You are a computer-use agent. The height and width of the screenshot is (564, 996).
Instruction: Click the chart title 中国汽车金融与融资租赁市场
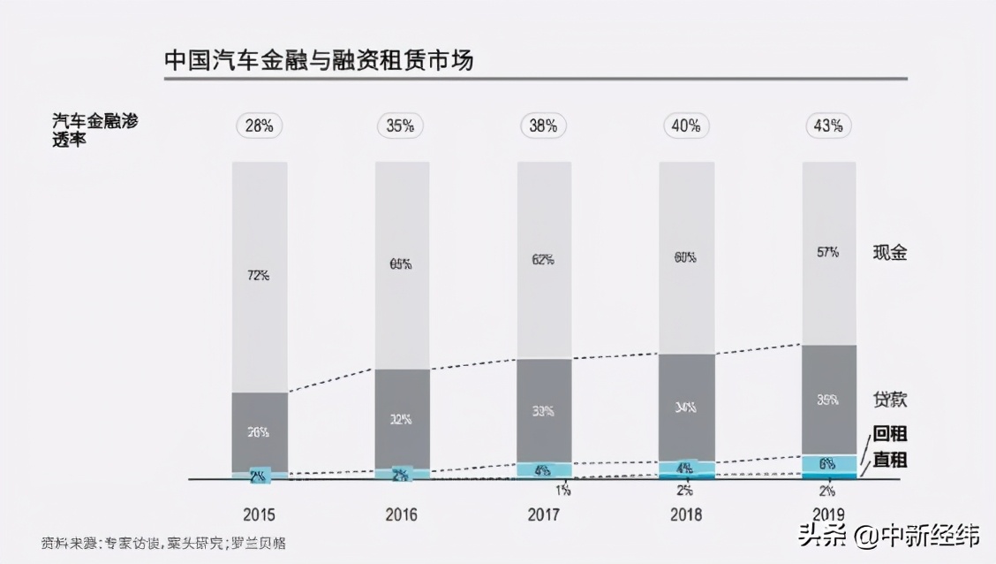[x=319, y=60]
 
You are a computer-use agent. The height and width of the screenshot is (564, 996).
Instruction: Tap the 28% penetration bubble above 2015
[x=259, y=126]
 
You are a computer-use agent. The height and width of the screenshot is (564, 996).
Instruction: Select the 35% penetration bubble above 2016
[x=401, y=126]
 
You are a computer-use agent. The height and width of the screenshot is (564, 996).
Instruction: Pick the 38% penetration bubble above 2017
[x=543, y=126]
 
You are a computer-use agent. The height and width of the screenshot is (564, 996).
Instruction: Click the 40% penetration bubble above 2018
[x=686, y=126]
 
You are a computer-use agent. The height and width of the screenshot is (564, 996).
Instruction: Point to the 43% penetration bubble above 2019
[x=829, y=126]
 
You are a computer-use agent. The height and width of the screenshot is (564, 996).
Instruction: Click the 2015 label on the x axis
[x=259, y=514]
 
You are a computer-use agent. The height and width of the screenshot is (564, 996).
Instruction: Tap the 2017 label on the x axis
[x=543, y=514]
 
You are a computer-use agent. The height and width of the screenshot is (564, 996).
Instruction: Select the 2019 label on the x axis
[x=829, y=514]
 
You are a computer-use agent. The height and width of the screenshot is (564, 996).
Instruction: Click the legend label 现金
[x=890, y=253]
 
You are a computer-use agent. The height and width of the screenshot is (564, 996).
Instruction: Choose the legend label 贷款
[x=890, y=400]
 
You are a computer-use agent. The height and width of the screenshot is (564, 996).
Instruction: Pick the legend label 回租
[x=890, y=434]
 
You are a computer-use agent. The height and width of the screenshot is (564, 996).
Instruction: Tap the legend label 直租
[x=890, y=461]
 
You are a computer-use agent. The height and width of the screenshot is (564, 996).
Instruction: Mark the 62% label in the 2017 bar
[x=543, y=259]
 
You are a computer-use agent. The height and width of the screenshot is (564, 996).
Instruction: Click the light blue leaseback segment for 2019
[x=829, y=463]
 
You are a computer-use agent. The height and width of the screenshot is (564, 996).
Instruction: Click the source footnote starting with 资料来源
[x=163, y=543]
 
